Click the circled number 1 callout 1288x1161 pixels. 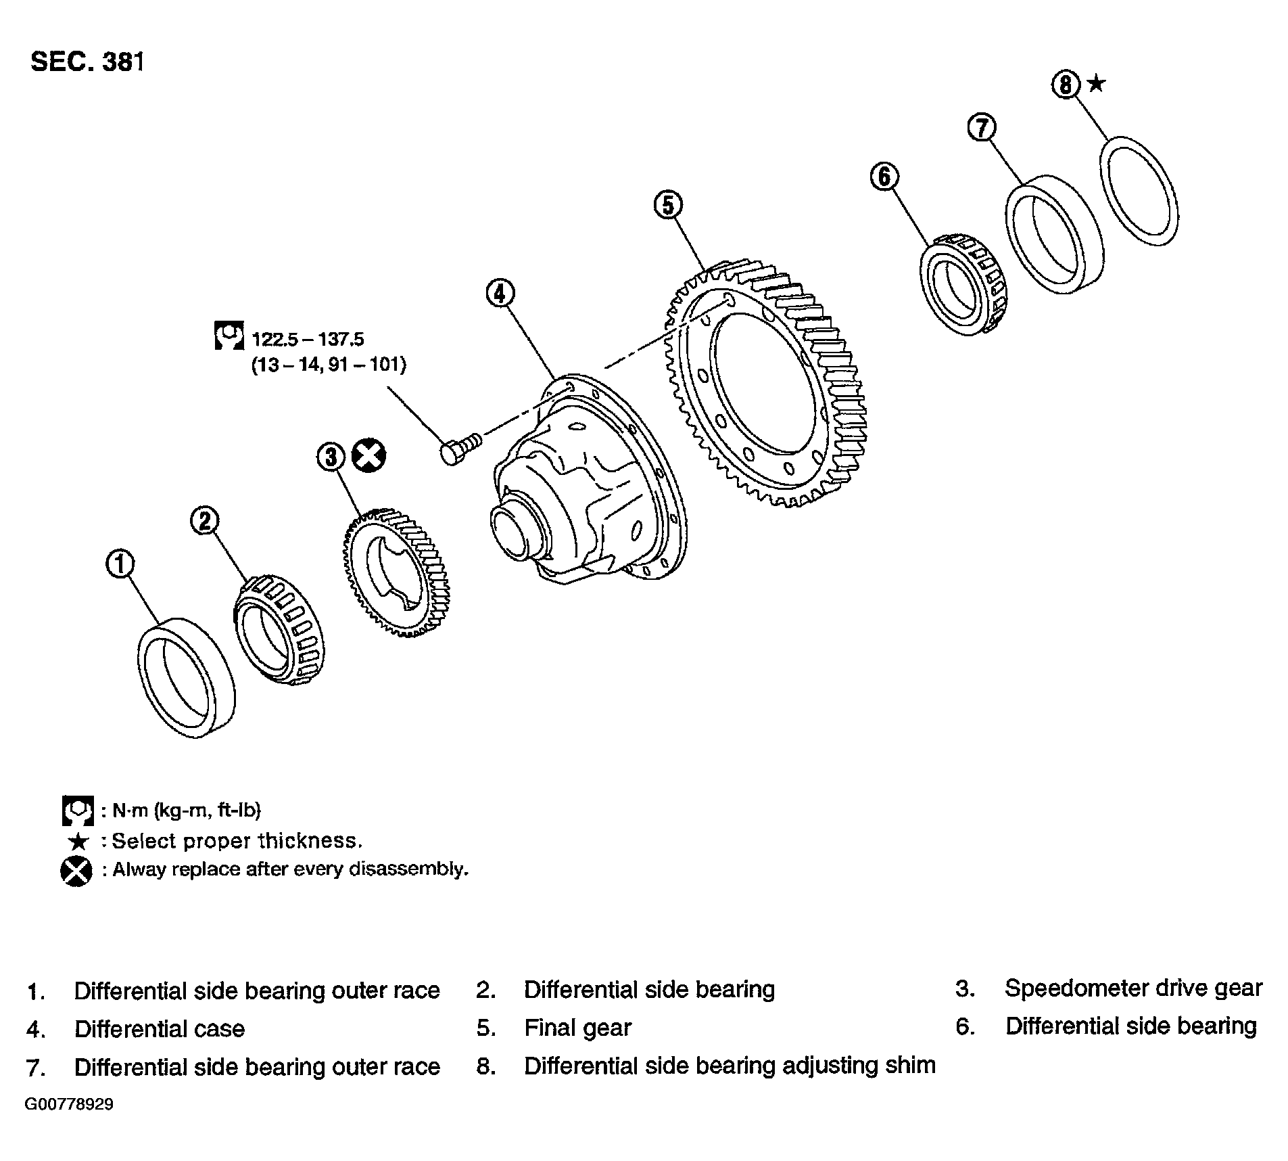click(x=120, y=564)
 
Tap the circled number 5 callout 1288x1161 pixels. click(x=668, y=204)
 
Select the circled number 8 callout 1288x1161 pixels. click(x=1066, y=85)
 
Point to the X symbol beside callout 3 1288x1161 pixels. click(x=369, y=456)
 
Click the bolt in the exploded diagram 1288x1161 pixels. click(x=460, y=448)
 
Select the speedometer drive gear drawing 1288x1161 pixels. click(x=393, y=572)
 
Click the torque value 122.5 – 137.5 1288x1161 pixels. click(x=308, y=338)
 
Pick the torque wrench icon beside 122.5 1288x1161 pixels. click(x=229, y=336)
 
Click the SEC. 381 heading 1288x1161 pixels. click(x=87, y=62)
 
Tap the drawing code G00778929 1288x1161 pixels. click(x=69, y=1105)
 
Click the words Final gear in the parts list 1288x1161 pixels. click(x=577, y=1028)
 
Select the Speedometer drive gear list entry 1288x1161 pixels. click(x=1133, y=988)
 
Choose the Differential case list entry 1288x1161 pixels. click(x=160, y=1029)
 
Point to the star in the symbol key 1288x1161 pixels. click(x=79, y=842)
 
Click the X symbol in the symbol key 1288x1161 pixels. click(x=76, y=871)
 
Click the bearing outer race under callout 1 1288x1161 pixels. click(x=187, y=677)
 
